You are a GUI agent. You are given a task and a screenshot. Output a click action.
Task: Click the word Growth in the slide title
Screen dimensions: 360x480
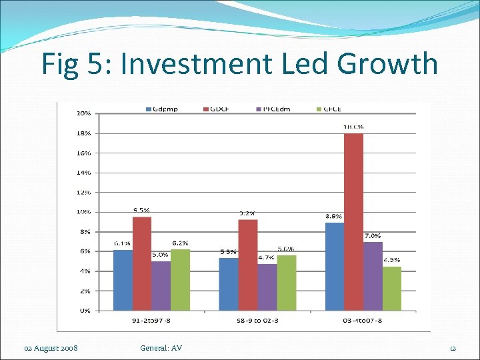pos(388,64)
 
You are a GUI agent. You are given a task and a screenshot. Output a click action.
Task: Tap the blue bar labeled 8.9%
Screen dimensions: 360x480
pos(335,266)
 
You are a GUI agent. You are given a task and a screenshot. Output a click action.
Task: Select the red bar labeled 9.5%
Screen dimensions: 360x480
pos(142,263)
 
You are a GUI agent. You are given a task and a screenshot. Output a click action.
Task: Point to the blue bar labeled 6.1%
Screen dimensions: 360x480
pos(123,280)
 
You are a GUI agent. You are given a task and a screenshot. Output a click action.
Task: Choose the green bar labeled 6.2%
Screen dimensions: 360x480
pos(180,279)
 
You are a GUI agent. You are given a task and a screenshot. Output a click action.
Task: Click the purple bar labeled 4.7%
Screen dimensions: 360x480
pos(267,287)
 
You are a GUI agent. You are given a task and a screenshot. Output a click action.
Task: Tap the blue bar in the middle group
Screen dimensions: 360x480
pos(229,284)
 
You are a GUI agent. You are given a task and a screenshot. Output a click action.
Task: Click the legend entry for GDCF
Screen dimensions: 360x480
pos(218,109)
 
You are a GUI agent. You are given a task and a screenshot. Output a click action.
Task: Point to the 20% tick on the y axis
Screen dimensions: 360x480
pos(83,113)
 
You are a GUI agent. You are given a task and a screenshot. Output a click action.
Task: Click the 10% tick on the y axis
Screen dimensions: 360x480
pos(83,212)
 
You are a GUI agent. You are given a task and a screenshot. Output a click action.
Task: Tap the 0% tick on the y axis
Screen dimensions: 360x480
pos(84,311)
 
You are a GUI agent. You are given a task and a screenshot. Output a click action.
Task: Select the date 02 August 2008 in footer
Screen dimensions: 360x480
pos(51,348)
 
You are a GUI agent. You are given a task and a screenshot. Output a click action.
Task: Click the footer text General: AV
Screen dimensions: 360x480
pos(161,348)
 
